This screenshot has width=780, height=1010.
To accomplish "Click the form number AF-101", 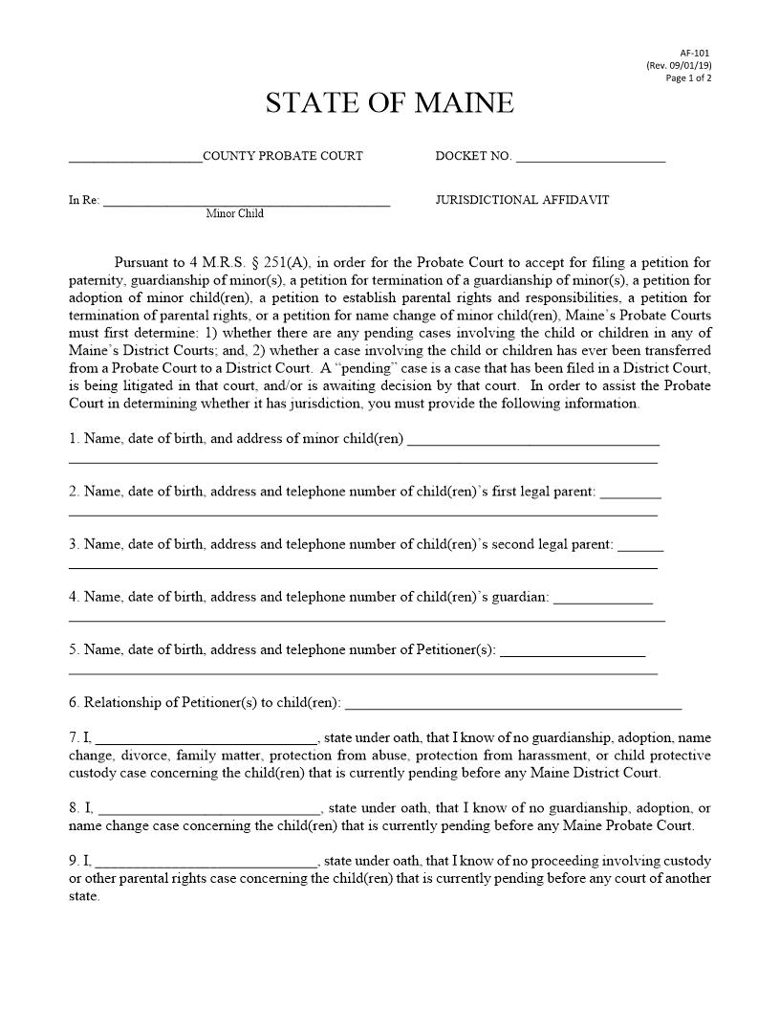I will [x=695, y=53].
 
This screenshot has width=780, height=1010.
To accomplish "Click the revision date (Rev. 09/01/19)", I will [x=679, y=65].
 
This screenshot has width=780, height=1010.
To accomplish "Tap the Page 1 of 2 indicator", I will [x=688, y=77].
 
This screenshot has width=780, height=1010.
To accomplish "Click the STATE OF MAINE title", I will [x=390, y=103].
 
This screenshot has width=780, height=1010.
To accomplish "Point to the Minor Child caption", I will [x=235, y=214].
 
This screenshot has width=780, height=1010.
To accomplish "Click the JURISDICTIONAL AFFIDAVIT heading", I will [x=522, y=200].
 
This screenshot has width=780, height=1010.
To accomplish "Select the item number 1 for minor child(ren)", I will [x=74, y=439].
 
